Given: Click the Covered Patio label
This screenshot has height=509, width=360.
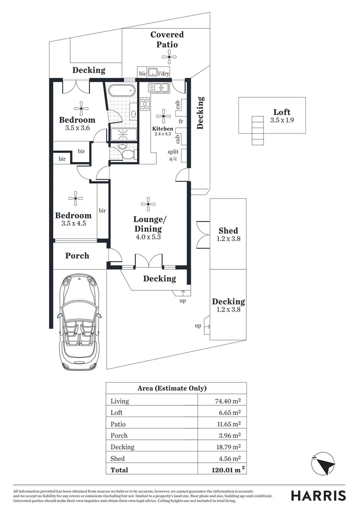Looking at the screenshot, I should pos(167,40).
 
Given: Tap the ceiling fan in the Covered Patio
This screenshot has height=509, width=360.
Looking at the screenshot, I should pos(169,57).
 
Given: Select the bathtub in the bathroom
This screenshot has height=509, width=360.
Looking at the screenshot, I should pos(121,90).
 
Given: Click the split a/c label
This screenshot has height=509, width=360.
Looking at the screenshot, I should pos(173,156).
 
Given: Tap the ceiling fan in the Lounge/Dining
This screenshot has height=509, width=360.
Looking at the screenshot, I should pos(148,205).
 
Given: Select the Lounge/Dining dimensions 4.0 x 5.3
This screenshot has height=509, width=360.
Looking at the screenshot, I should pos(148,238).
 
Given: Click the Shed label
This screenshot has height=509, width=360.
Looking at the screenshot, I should pos(228,230).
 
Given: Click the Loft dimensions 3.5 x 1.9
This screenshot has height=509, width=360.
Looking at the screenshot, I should pos(282,121).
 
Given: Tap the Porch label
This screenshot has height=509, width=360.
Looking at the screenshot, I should pos(77,255).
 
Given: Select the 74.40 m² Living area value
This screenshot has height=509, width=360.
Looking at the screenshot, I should pos(227,401).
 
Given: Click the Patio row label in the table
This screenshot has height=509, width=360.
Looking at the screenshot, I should pos(118,424).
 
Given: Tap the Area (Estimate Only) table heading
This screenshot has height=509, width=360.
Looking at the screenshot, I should pos(172,388).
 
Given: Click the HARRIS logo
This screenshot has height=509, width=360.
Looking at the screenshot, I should pos(318,495).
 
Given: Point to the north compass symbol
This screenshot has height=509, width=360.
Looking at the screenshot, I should pos(325,464).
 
